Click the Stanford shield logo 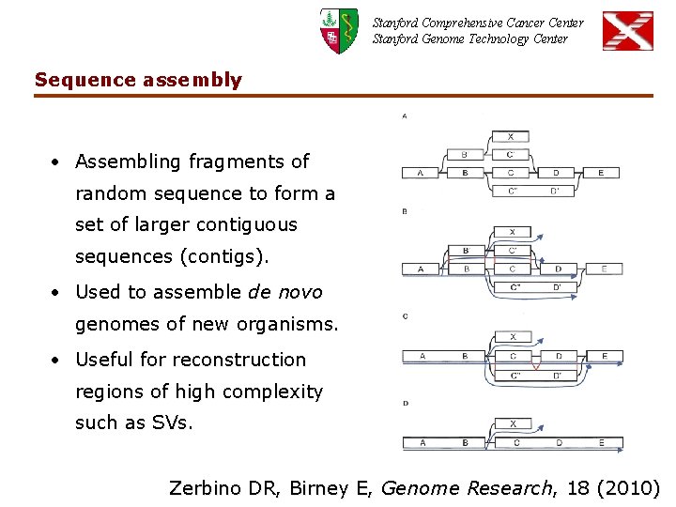click(x=339, y=30)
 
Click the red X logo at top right click(x=627, y=30)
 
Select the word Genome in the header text click(x=452, y=38)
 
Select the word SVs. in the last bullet click(x=172, y=422)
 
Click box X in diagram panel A click(x=511, y=136)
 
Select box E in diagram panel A click(x=601, y=173)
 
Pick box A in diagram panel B click(x=420, y=269)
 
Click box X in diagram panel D click(x=513, y=424)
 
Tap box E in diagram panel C click(x=604, y=357)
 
